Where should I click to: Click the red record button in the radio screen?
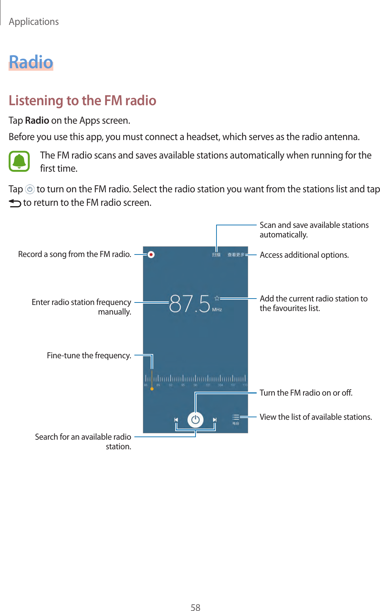151,254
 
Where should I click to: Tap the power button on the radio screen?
195,420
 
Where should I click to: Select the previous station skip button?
176,420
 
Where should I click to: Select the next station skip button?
215,420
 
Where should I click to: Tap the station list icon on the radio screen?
236,419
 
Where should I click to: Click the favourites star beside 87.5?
217,298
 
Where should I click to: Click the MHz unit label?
217,310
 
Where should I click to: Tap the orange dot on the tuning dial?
152,389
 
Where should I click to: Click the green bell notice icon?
19,161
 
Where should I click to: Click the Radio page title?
31,62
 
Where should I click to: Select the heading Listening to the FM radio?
82,101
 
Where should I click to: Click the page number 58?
195,607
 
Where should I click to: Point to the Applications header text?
34,22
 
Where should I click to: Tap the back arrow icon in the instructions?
15,203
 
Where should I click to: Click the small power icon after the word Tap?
30,189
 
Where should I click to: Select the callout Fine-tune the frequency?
89,355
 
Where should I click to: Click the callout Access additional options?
304,255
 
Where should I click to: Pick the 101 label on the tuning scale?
208,385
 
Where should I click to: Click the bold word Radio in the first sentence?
37,120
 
